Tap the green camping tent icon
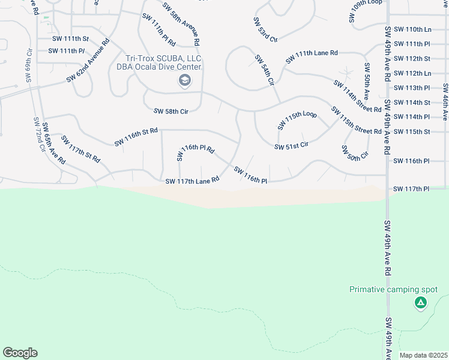pos(421,303)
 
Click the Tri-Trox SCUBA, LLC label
pos(163,58)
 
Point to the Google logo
pos(20,353)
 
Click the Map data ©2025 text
pos(424,355)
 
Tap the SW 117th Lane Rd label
pos(193,181)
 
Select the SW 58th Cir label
pos(172,111)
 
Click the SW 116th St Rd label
pos(136,137)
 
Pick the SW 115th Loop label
pos(297,120)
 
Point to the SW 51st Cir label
pos(291,146)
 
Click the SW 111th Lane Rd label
pos(312,57)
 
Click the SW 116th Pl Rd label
pos(195,152)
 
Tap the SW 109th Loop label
pos(366,11)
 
